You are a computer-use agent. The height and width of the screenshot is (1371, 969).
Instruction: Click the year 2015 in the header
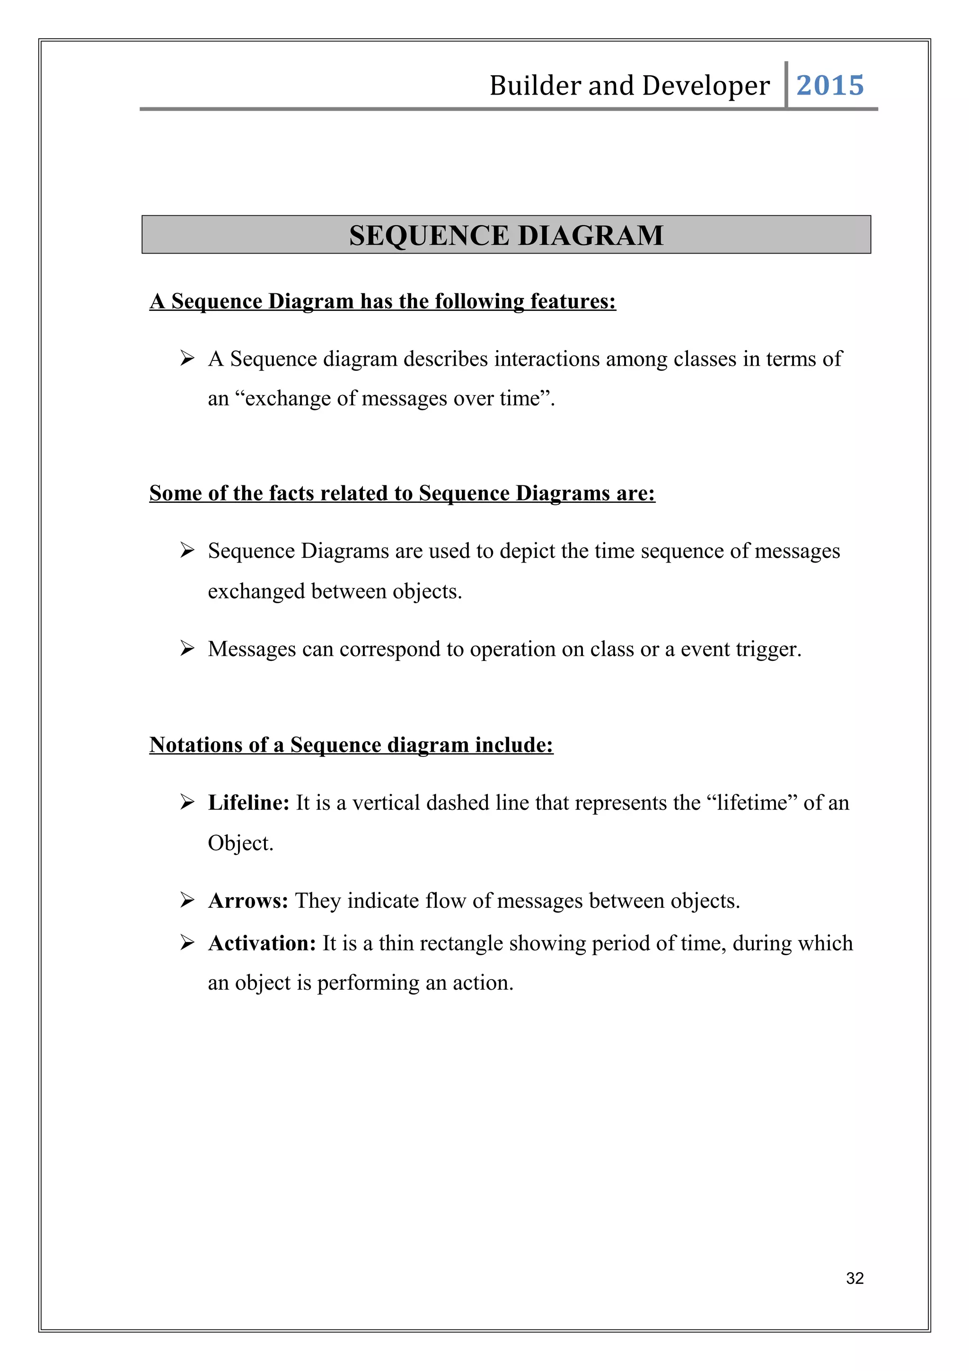point(829,85)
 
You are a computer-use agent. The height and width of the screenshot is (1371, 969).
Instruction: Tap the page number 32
point(854,1278)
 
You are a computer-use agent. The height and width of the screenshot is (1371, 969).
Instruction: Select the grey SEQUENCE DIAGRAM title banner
point(506,235)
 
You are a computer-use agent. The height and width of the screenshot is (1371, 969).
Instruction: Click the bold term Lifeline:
point(248,802)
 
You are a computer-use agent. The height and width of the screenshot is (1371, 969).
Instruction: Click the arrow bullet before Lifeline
point(187,802)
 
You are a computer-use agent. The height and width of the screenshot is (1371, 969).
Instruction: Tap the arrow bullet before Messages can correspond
point(187,649)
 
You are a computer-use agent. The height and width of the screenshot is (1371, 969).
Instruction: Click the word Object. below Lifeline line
point(240,843)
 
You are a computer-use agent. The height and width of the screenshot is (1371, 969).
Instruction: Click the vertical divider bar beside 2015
point(786,85)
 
